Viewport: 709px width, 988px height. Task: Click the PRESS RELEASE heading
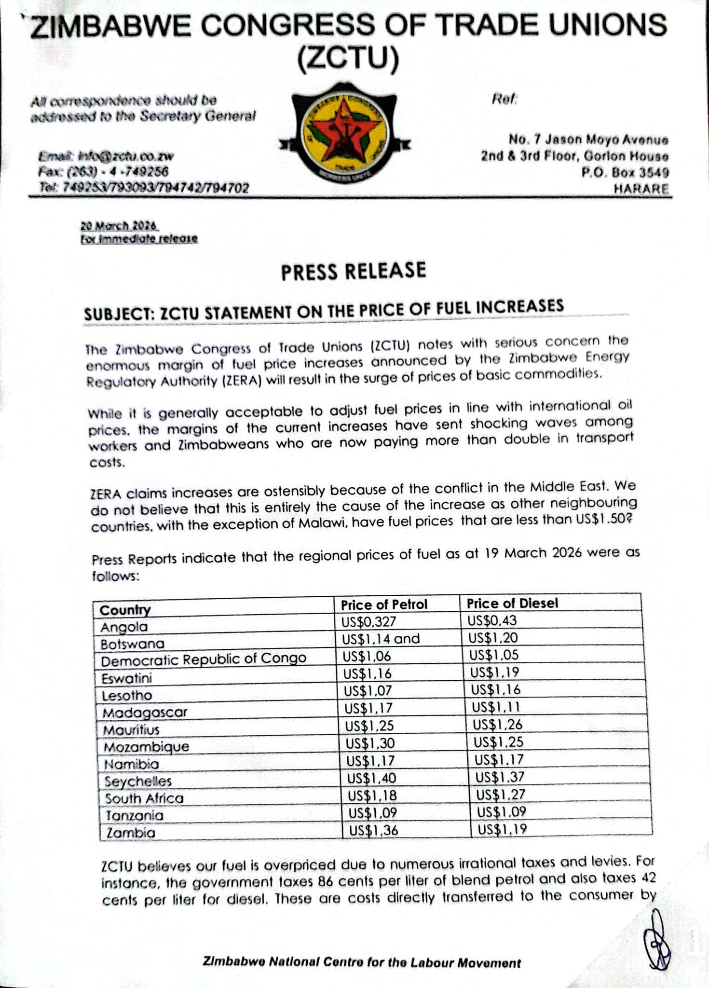pos(354,271)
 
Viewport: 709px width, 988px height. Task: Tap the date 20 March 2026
pos(119,226)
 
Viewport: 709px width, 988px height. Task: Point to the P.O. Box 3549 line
pos(626,172)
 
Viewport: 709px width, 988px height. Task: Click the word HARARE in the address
pos(641,189)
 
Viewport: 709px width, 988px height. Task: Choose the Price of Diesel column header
pos(512,603)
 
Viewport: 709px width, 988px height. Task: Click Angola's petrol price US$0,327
pos(368,622)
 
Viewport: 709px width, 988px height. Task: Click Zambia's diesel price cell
pos(502,829)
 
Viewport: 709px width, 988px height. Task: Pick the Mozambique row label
pos(147,747)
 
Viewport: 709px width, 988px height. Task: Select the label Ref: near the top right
pos(504,99)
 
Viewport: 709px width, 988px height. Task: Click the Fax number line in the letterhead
pos(103,172)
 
